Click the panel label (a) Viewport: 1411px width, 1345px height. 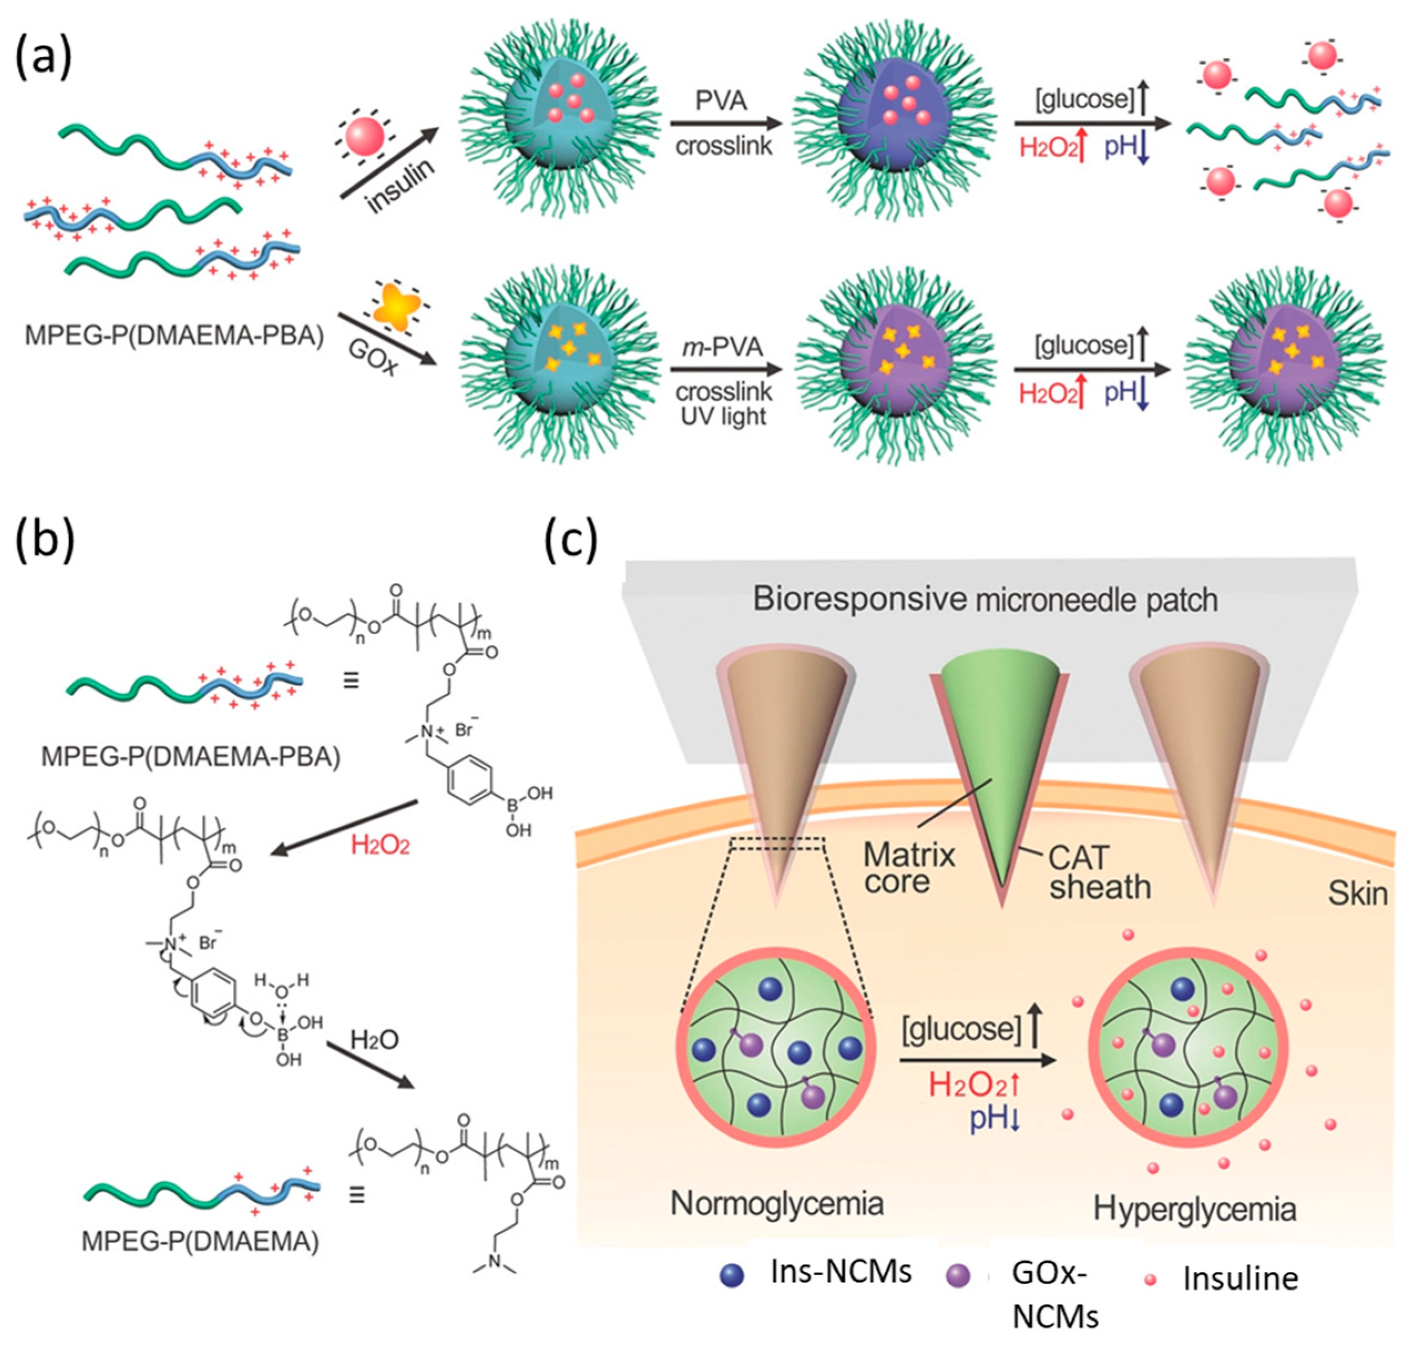point(44,57)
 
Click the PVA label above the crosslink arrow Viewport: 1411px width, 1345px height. point(721,101)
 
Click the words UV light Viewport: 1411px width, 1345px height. point(723,416)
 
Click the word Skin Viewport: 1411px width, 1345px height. point(1357,893)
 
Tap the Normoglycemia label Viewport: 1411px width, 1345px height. point(776,1204)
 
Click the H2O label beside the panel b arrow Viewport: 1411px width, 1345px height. point(374,1040)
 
